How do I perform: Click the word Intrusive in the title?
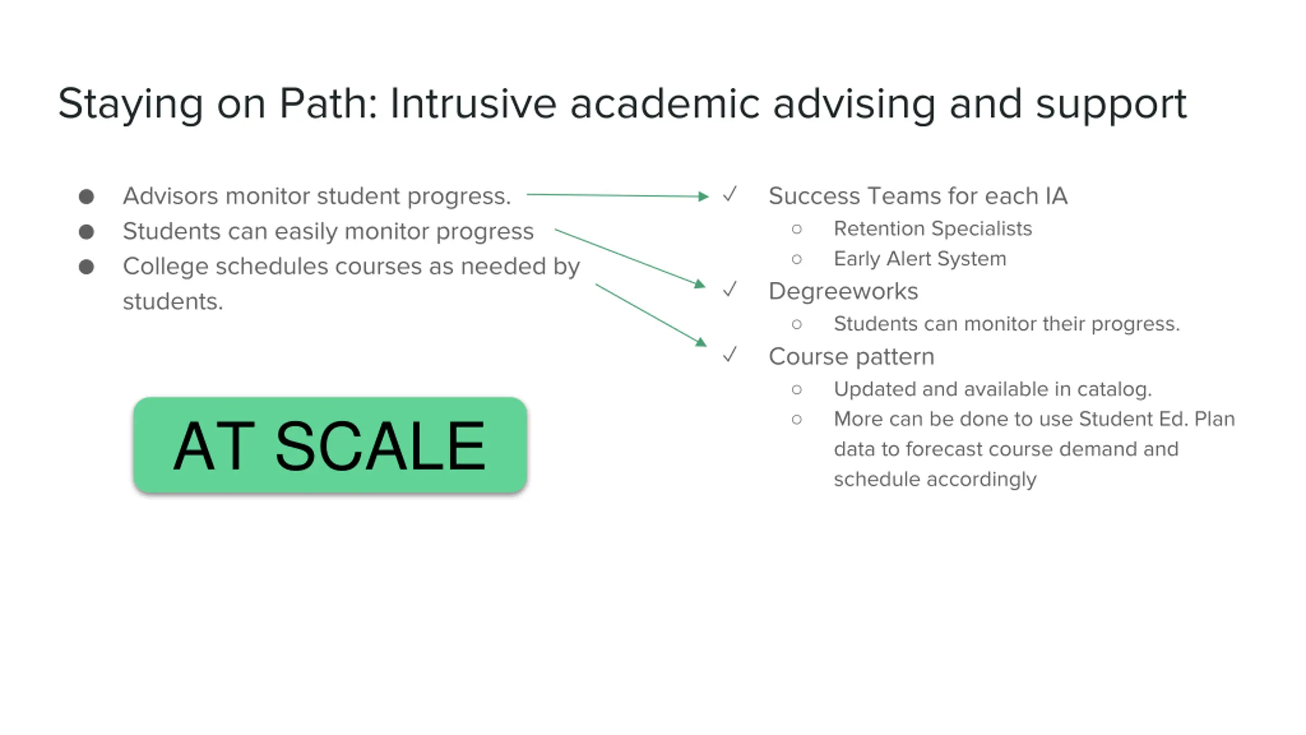tap(473, 104)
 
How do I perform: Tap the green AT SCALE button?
tap(330, 445)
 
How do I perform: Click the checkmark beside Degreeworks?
tap(730, 289)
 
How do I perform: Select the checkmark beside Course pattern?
tap(730, 354)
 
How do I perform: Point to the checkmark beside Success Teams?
tap(730, 194)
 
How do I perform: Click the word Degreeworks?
tap(843, 291)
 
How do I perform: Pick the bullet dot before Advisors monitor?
tap(87, 197)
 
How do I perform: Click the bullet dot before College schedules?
tap(87, 267)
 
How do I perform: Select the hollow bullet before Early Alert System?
tap(797, 259)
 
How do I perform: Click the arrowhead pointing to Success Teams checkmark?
tap(704, 196)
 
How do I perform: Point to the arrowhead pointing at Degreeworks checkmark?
tap(700, 284)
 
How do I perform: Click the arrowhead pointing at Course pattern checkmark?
tap(701, 342)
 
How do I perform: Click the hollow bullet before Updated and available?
tap(797, 390)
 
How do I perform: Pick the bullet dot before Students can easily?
tap(87, 232)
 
